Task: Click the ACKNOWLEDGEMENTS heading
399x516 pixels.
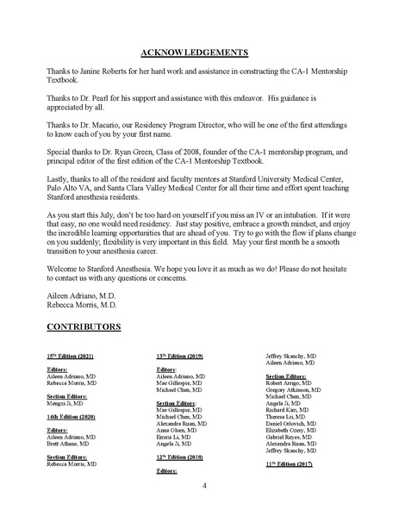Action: coord(201,51)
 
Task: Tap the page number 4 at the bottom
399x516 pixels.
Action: coord(204,486)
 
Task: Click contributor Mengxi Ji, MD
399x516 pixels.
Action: coord(65,402)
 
